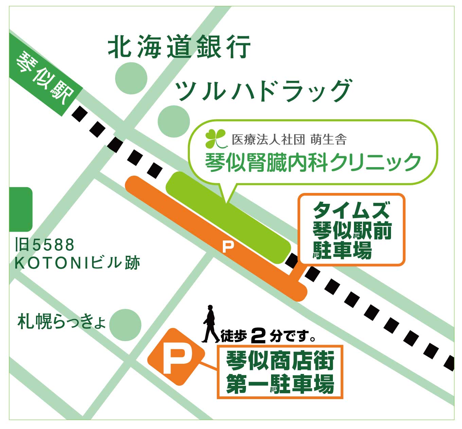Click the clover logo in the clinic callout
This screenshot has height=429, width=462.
(x=216, y=139)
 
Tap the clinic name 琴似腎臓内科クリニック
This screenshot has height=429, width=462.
(x=313, y=162)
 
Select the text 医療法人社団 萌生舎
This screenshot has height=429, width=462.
(x=289, y=140)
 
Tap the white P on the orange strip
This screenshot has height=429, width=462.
(x=228, y=246)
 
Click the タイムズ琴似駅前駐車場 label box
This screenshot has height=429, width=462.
(x=352, y=230)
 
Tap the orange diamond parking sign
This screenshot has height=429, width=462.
(x=176, y=357)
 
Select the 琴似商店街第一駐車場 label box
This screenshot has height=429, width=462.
(x=280, y=372)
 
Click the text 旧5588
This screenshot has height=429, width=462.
(x=45, y=245)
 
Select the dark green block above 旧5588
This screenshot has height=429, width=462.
(x=21, y=209)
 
